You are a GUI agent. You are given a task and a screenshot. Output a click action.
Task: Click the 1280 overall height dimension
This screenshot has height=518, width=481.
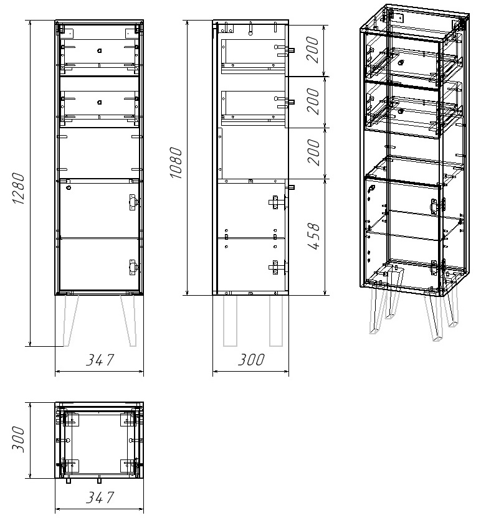[19, 189]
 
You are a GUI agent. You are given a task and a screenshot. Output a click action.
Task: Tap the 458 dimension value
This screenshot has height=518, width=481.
[314, 236]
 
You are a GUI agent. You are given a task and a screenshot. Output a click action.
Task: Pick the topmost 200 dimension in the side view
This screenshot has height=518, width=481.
[313, 50]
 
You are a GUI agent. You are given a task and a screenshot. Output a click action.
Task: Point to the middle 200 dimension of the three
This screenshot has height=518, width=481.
[313, 101]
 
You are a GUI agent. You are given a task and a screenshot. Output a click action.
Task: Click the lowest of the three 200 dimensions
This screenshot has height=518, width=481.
[314, 153]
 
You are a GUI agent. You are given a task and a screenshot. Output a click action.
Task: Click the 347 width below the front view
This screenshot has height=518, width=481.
[100, 360]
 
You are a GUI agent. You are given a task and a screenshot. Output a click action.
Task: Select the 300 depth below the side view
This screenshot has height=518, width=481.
[251, 360]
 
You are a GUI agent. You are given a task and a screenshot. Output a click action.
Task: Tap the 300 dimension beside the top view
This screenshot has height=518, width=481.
[19, 439]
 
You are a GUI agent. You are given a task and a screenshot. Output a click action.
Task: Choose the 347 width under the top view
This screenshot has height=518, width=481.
[100, 497]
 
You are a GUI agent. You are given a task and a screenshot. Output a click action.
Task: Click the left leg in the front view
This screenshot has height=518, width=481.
[71, 321]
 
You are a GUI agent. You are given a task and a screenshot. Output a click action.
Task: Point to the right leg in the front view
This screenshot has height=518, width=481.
[128, 321]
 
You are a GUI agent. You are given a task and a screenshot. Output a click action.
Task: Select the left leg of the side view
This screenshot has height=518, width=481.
[230, 321]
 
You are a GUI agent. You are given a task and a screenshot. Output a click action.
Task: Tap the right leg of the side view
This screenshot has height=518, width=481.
[276, 321]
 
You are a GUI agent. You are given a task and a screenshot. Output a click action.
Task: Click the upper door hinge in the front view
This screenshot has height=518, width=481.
[133, 202]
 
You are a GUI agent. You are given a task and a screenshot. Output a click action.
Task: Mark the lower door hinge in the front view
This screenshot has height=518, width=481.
[133, 268]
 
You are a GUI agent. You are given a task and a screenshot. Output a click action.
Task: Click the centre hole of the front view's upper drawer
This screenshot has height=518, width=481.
[99, 50]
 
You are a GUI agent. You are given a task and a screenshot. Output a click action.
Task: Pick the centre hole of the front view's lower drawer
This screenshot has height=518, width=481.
[99, 102]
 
